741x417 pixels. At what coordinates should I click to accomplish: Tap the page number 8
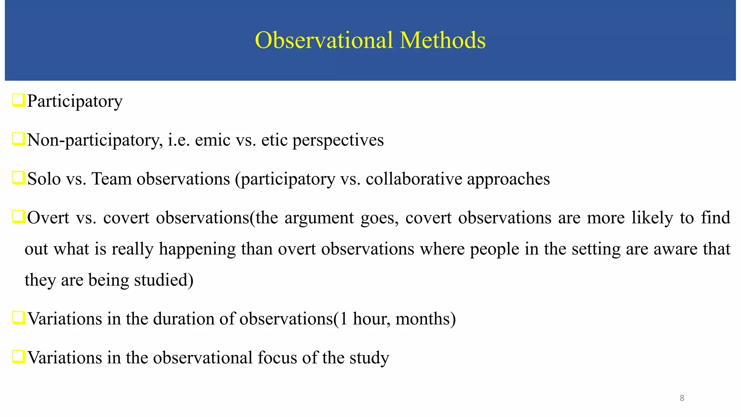pyautogui.click(x=682, y=398)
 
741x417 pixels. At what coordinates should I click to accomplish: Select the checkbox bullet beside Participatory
pyautogui.click(x=18, y=100)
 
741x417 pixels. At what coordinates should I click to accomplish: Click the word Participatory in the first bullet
pyautogui.click(x=75, y=101)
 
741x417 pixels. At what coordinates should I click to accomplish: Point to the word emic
pyautogui.click(x=212, y=140)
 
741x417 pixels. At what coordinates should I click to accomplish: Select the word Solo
pyautogui.click(x=44, y=179)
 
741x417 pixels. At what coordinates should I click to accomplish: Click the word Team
pyautogui.click(x=111, y=179)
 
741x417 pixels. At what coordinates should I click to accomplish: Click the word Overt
pyautogui.click(x=48, y=218)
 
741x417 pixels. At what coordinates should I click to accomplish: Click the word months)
pyautogui.click(x=425, y=319)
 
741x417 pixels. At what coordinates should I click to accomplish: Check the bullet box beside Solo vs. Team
pyautogui.click(x=18, y=178)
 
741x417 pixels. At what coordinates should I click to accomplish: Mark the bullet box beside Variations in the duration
pyautogui.click(x=18, y=318)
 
